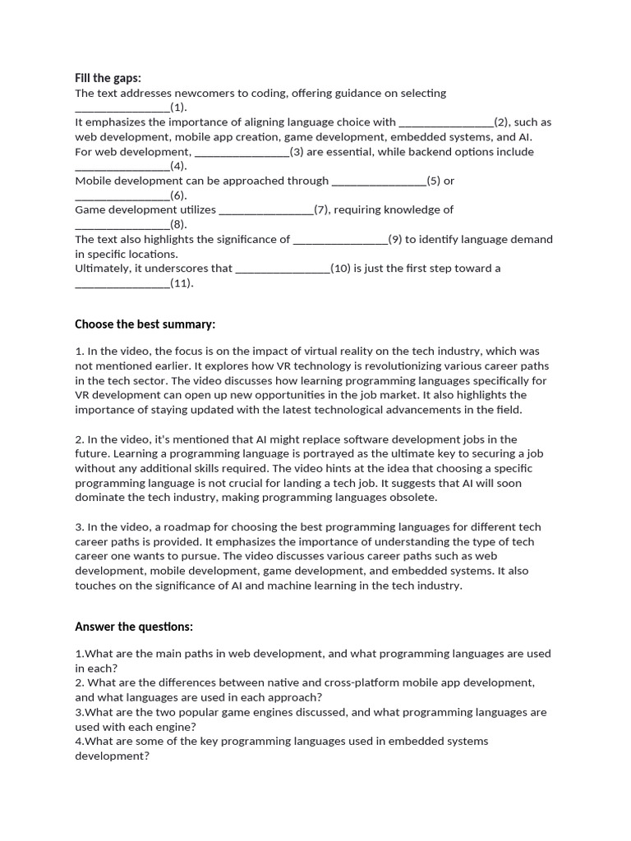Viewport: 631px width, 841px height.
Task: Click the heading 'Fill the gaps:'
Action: [x=108, y=78]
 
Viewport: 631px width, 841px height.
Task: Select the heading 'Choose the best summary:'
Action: [x=145, y=324]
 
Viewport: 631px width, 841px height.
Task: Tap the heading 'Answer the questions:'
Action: [x=134, y=627]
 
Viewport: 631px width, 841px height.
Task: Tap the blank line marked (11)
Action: [x=122, y=285]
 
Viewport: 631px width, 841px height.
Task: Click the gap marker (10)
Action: [x=340, y=269]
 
